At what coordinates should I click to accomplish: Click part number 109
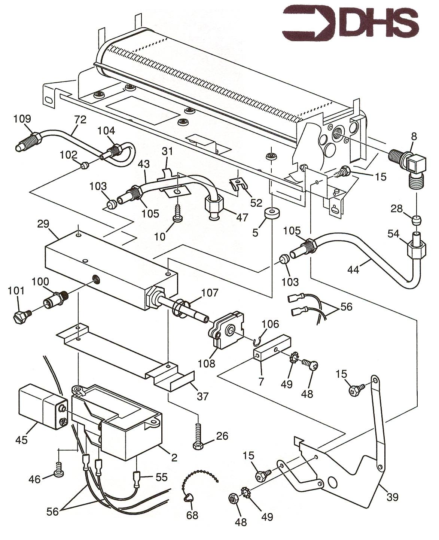(x=22, y=119)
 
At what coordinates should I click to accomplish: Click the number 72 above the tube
(x=80, y=120)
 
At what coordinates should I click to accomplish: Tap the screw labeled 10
(x=176, y=215)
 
